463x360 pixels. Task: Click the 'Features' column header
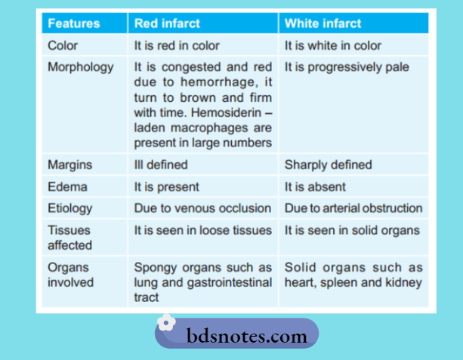point(73,23)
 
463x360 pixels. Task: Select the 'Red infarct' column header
point(167,23)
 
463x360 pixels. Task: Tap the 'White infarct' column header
point(323,23)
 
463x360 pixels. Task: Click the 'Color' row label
point(63,45)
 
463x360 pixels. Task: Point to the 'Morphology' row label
point(81,66)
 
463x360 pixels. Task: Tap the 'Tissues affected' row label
point(69,237)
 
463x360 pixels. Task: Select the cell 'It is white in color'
point(333,45)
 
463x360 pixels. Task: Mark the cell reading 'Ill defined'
point(161,165)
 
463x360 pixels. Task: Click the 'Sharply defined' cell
point(329,165)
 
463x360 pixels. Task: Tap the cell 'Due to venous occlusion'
point(202,208)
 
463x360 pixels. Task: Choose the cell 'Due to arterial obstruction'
point(353,208)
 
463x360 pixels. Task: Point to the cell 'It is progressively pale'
point(347,66)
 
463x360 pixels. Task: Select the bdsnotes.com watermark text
point(246,335)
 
